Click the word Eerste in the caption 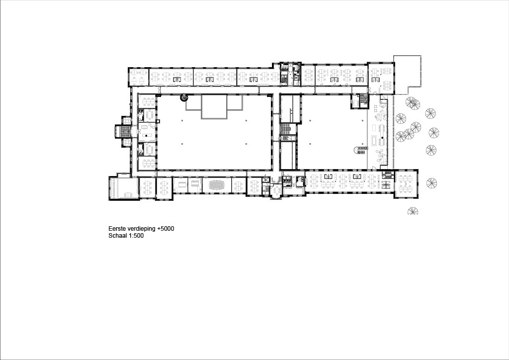[117, 229]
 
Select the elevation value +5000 [166, 229]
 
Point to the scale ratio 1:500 [137, 236]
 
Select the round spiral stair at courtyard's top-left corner [184, 97]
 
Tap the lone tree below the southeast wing [413, 211]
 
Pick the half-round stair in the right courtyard [359, 150]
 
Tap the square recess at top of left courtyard [214, 107]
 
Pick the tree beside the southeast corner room [431, 183]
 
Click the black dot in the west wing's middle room [146, 135]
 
